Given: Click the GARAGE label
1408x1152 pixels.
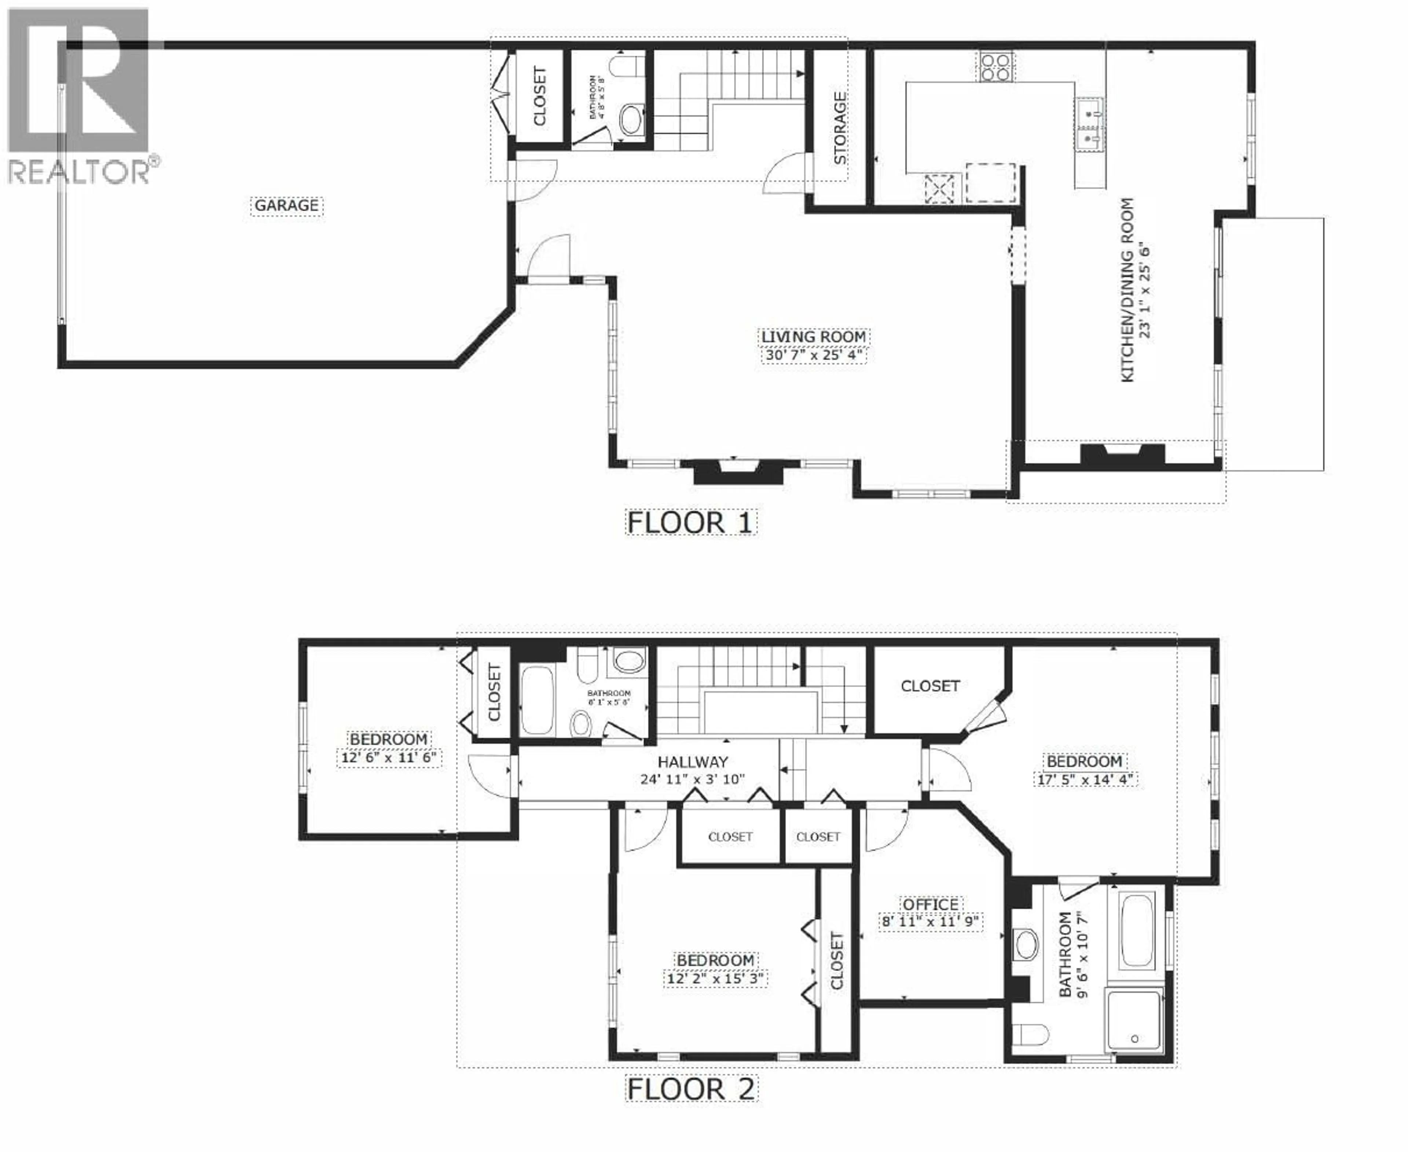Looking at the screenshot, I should click(x=287, y=206).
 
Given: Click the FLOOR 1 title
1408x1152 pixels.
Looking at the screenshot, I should click(x=690, y=523).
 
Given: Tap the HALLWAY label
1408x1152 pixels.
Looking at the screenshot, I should click(x=693, y=762).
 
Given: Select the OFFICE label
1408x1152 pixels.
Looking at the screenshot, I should click(x=930, y=905).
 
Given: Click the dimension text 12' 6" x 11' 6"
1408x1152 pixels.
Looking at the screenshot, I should click(x=389, y=758).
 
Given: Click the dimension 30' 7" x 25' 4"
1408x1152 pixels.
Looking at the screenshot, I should click(x=814, y=355).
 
